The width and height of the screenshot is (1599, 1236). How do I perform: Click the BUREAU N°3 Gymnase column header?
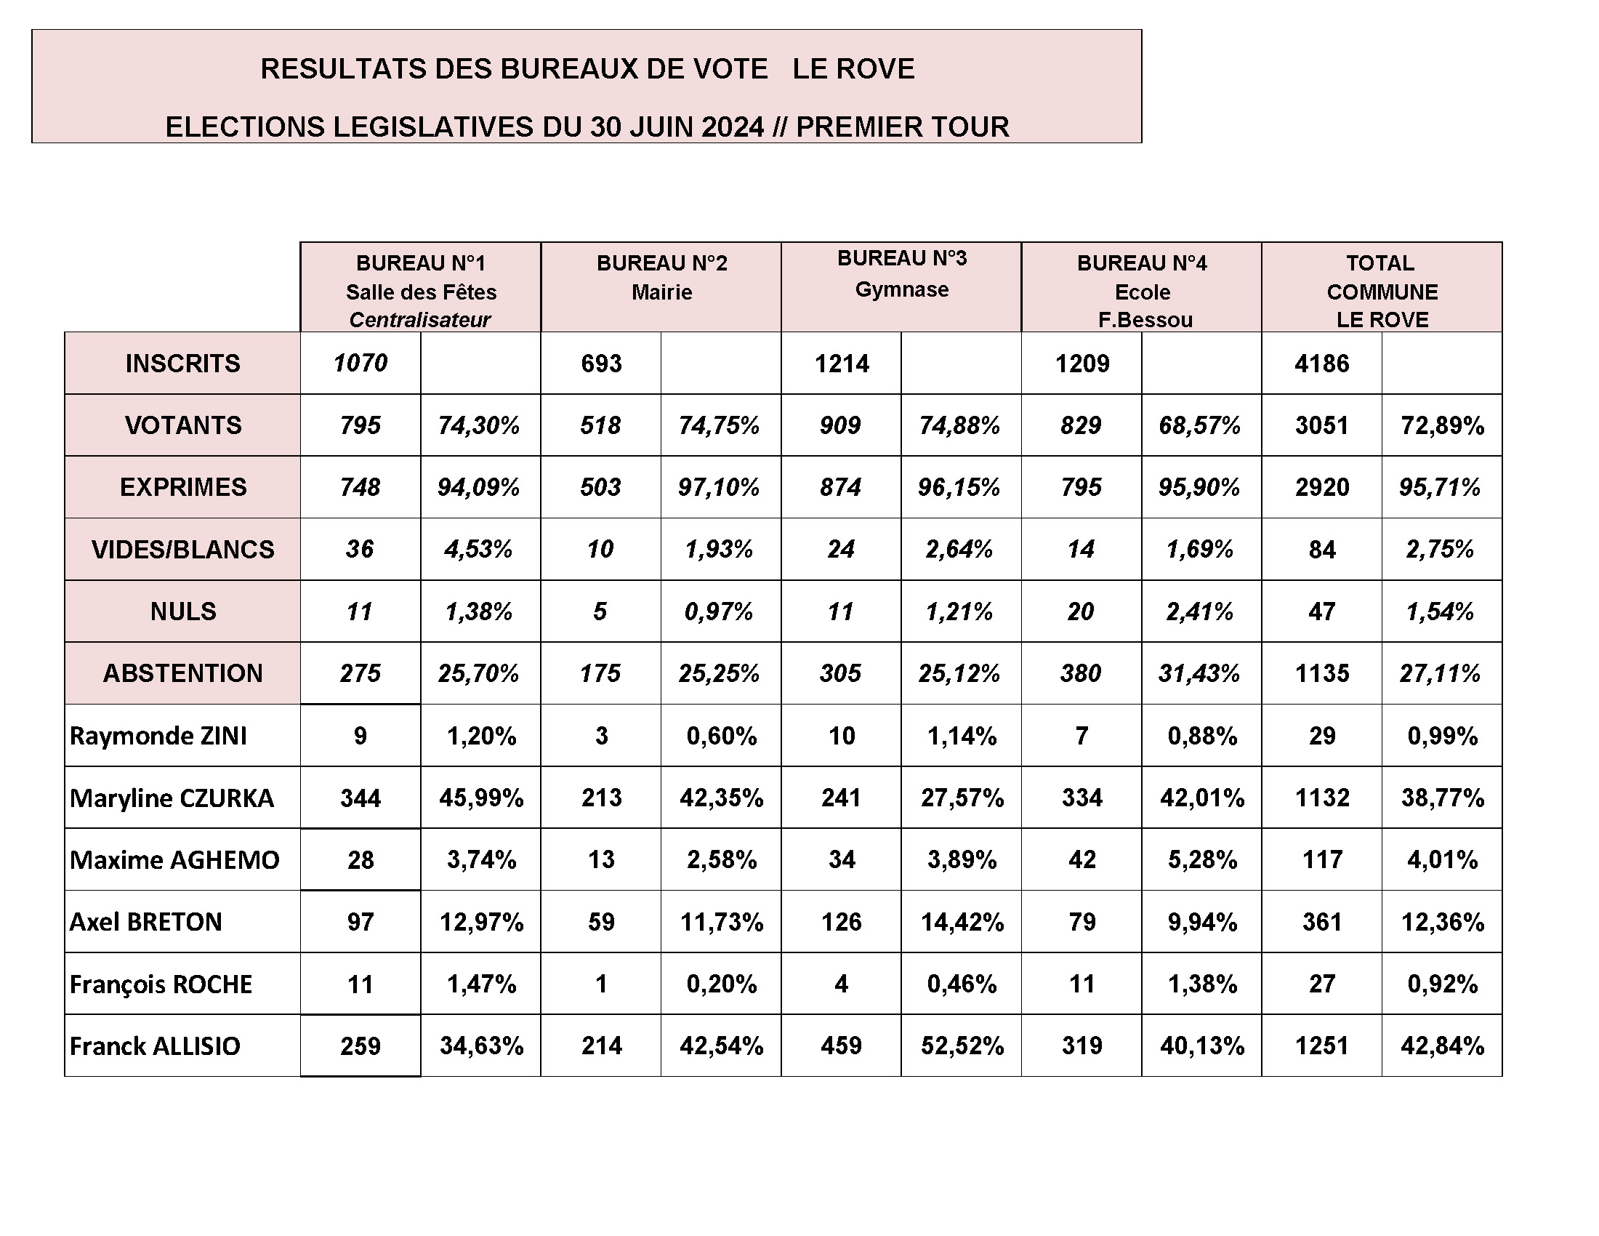pos(901,274)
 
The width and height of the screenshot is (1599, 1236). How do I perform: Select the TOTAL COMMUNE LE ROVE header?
pos(1382,291)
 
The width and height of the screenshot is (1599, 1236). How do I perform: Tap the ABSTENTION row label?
pos(182,673)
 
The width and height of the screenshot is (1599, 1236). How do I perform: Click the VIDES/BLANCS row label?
pos(182,549)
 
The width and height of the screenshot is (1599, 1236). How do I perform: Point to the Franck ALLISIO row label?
pos(156,1046)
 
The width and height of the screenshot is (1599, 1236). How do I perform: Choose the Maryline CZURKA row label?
pos(172,798)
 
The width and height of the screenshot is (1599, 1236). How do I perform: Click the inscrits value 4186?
pos(1321,364)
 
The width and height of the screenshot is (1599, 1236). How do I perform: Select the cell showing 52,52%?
pos(962,1046)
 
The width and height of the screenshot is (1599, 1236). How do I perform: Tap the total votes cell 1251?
pos(1321,1046)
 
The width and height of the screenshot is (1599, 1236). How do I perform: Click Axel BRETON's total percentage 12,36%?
pos(1441,921)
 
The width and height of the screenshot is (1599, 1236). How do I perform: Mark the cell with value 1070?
pos(361,364)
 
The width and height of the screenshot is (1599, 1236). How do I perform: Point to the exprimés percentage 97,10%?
pos(719,487)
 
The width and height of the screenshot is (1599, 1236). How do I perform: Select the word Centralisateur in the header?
pos(419,320)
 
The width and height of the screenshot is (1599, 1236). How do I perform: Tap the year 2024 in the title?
pos(732,127)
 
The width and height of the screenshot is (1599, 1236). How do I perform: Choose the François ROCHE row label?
pos(161,984)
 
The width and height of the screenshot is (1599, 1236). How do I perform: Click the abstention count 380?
pos(1081,673)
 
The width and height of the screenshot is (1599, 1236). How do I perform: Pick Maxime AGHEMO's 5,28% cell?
pos(1201,859)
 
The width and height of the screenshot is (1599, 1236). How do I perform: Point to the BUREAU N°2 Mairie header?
pos(661,277)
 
